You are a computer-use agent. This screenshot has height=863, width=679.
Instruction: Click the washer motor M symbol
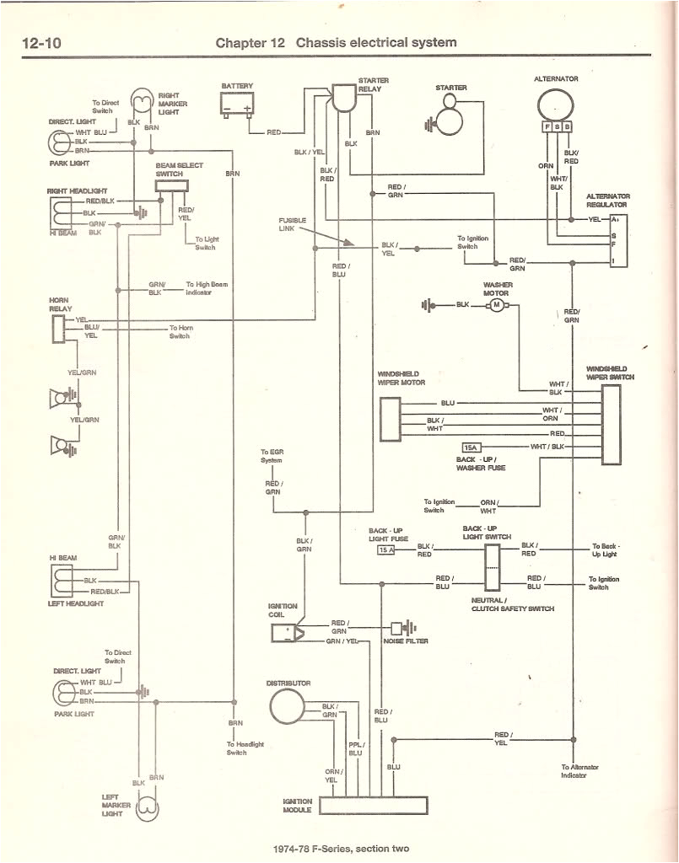[497, 304]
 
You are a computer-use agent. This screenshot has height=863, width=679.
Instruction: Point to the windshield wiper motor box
[389, 419]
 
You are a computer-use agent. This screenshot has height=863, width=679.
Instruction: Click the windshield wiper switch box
[611, 426]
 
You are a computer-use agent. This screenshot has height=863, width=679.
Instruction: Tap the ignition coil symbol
[288, 632]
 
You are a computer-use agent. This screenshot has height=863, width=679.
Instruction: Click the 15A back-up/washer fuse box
[471, 447]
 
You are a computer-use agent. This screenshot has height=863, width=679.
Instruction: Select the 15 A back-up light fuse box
[385, 550]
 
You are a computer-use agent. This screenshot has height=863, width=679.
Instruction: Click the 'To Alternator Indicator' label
[579, 771]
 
